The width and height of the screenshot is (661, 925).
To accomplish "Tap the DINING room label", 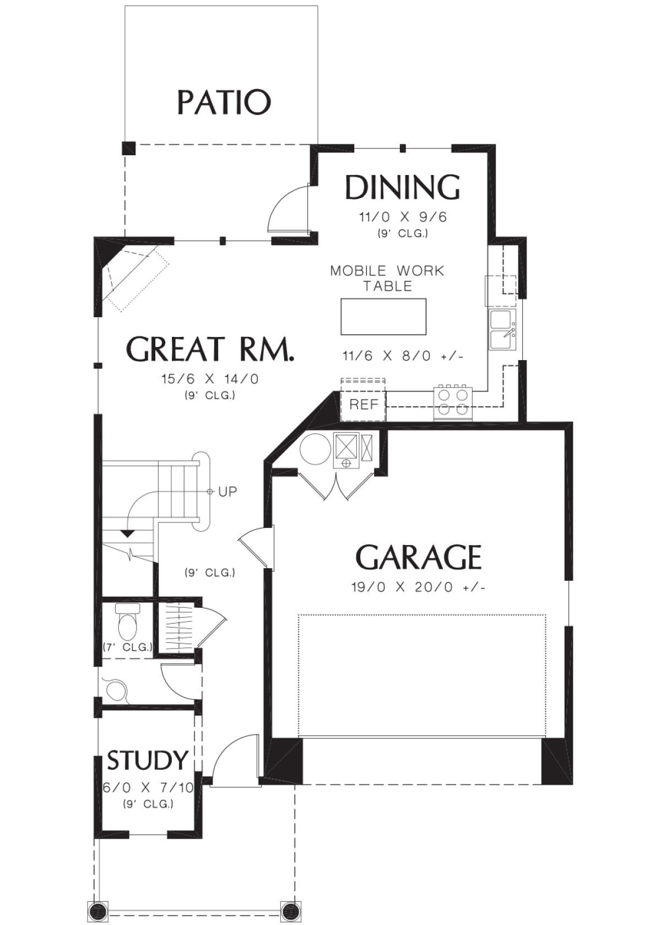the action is (x=402, y=187).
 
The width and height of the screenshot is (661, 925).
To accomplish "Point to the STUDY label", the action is (x=148, y=760).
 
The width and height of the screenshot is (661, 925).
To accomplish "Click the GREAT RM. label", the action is (x=210, y=349).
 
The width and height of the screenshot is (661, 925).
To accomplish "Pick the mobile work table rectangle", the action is (x=383, y=316).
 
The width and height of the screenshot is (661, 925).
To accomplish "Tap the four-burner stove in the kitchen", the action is (x=453, y=402).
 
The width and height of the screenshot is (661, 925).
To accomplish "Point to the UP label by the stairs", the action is (x=227, y=491).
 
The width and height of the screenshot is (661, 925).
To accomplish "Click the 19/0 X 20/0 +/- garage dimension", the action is (x=418, y=587).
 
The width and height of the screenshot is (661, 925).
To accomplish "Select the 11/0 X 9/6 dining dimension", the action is (x=403, y=217).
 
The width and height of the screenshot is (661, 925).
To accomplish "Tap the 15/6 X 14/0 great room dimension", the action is (x=210, y=379).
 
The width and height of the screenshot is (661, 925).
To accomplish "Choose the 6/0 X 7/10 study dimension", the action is (x=148, y=788).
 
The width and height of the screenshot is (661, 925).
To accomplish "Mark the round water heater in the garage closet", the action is (x=315, y=449).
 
